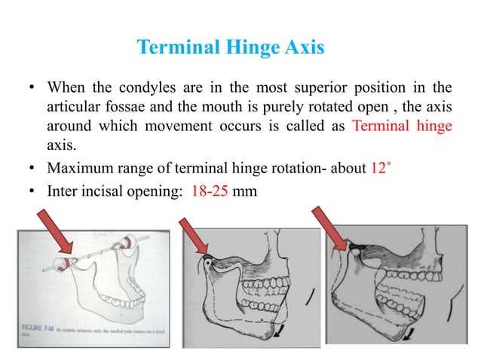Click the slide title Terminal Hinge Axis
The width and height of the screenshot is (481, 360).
(x=231, y=49)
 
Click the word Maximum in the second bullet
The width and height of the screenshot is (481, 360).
(x=78, y=168)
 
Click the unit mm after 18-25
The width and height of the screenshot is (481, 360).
(x=247, y=191)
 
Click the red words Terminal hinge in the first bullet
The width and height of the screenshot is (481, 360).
(x=402, y=125)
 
